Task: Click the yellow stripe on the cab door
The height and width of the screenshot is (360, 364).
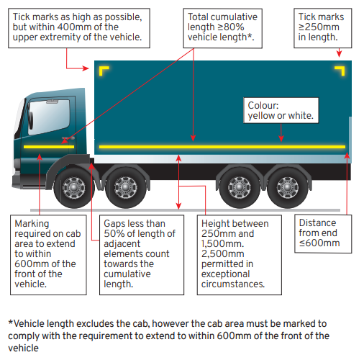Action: (49, 147)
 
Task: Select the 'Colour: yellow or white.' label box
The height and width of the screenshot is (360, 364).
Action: (281, 110)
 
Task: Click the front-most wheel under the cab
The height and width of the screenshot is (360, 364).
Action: (74, 188)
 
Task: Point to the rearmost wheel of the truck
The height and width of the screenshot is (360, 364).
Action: (288, 188)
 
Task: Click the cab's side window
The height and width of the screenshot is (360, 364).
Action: (49, 117)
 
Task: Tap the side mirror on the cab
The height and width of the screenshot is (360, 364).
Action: (31, 120)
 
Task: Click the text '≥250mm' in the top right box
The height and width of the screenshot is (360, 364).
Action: (319, 27)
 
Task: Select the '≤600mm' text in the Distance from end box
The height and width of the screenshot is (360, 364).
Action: (319, 243)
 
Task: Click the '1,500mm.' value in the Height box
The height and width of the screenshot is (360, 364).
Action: (222, 243)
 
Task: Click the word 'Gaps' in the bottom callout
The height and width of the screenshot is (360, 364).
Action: (114, 224)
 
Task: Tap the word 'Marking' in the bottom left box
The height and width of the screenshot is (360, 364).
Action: (32, 224)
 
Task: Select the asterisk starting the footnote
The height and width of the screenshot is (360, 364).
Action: (11, 322)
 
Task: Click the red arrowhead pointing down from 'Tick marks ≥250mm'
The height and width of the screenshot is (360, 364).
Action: (339, 53)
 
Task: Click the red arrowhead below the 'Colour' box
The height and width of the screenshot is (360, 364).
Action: (281, 138)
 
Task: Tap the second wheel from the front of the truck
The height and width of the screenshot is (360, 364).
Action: (125, 188)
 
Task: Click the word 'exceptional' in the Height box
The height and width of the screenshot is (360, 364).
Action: (226, 274)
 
